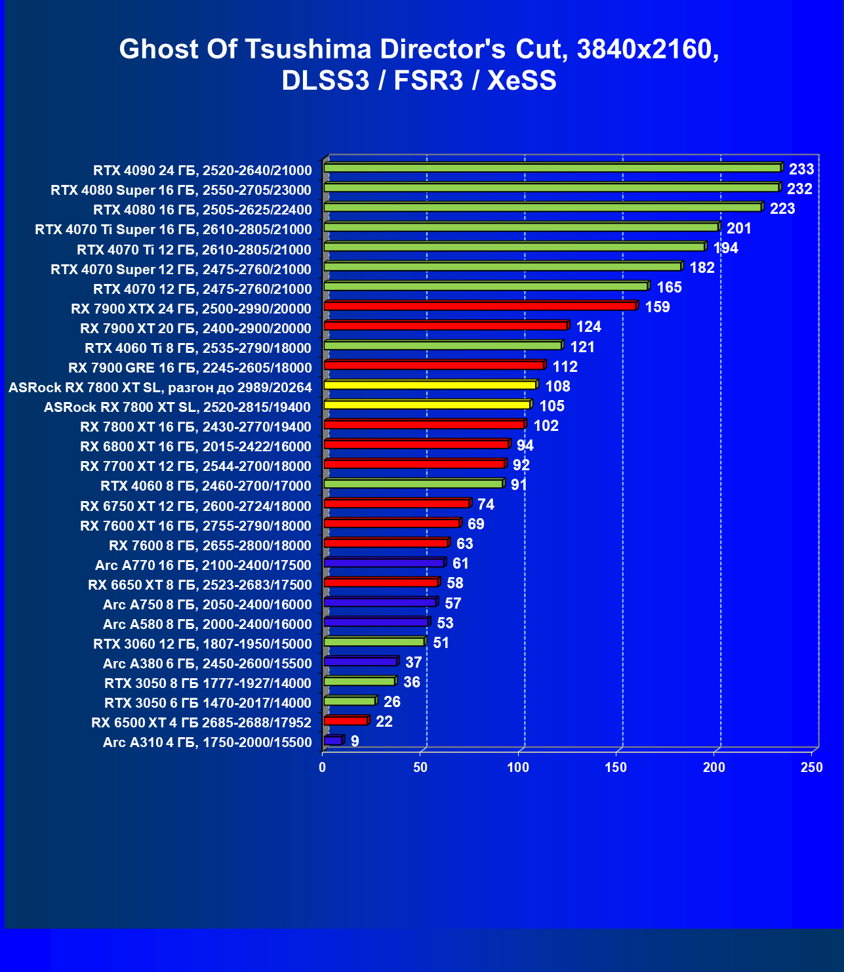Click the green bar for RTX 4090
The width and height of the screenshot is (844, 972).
click(552, 169)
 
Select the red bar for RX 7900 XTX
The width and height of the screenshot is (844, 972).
click(480, 306)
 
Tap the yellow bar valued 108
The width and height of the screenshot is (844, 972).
click(430, 385)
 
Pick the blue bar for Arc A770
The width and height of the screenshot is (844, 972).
click(384, 563)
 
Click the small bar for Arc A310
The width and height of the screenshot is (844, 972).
click(334, 740)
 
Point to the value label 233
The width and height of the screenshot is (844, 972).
click(801, 169)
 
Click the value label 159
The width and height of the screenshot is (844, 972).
click(657, 307)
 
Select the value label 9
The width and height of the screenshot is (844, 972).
click(355, 741)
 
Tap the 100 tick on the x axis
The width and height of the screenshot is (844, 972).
click(518, 767)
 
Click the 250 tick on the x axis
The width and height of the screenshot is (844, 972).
click(811, 767)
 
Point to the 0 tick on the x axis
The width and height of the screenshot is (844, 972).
click(323, 767)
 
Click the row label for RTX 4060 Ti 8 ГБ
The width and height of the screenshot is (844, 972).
click(198, 348)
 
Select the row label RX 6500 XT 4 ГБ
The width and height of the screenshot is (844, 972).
click(201, 722)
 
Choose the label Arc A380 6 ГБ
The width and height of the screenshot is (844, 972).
click(207, 663)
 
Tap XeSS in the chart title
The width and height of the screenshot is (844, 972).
click(522, 81)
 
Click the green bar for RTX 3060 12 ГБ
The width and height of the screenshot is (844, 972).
click(375, 641)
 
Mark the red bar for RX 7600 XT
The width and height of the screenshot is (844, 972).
click(392, 523)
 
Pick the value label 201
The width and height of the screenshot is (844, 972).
click(739, 228)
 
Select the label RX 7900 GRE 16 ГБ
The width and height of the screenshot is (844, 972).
click(190, 367)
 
